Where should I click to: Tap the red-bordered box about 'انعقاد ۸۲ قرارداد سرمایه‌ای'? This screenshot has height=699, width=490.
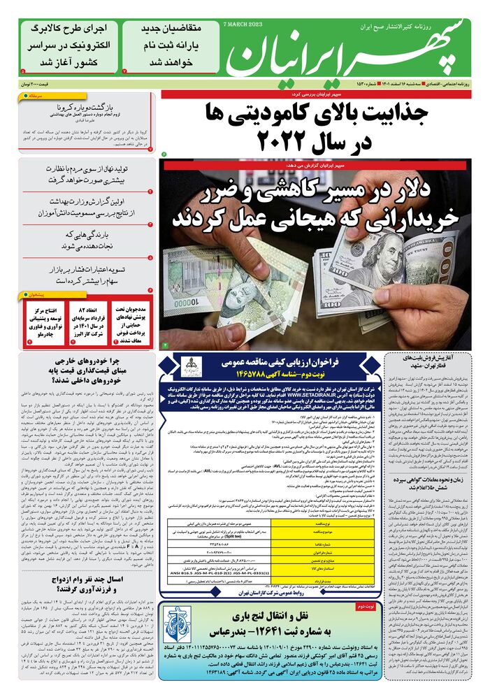[x=87, y=324]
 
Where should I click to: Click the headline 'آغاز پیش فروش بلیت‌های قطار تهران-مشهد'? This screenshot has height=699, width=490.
[x=426, y=360]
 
